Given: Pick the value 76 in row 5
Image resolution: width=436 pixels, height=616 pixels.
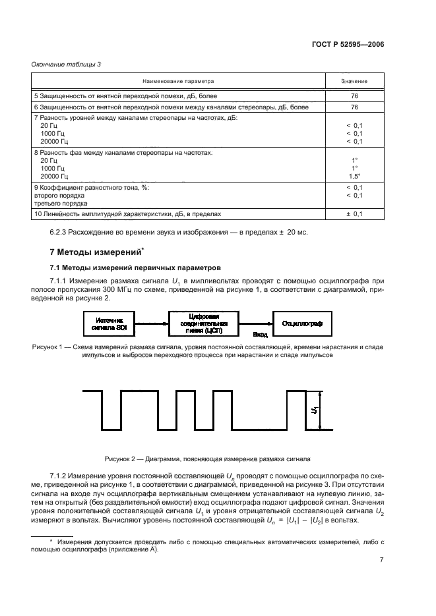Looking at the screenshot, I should coord(354,96).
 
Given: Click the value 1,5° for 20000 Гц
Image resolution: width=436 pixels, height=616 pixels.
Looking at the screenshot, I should coord(354,177).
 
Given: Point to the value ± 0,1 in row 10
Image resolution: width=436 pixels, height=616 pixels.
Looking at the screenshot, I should coord(354,214).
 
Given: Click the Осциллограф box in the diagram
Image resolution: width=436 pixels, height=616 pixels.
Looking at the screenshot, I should coord(301,323).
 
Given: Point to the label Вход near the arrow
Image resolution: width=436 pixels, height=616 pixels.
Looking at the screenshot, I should coord(259,335).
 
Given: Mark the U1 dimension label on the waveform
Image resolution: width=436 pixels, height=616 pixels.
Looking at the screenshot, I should coord(314,410).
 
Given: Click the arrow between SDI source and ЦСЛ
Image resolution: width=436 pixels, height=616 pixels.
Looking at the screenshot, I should coord(150,323).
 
